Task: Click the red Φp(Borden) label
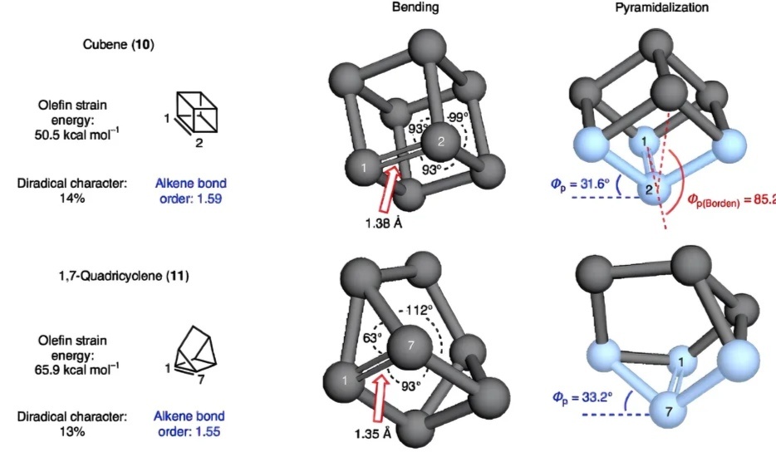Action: coord(731,200)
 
